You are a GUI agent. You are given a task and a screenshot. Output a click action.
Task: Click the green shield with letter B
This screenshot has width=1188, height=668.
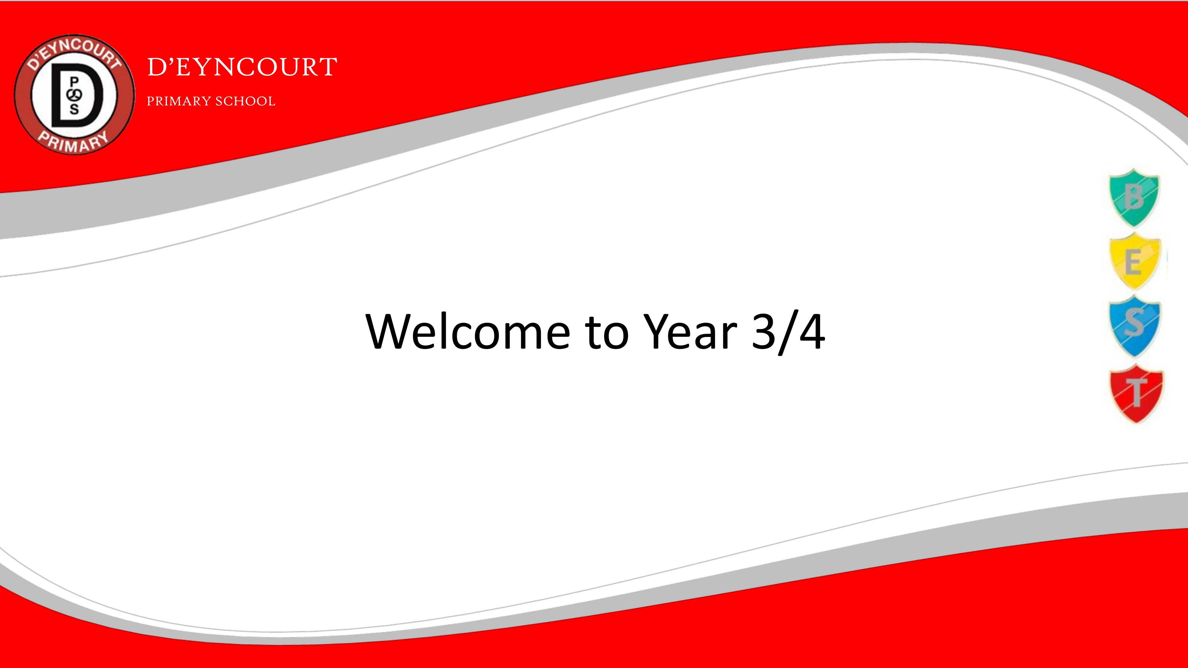(x=1134, y=198)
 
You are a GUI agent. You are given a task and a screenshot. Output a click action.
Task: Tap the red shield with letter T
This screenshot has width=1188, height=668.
(x=1136, y=393)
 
